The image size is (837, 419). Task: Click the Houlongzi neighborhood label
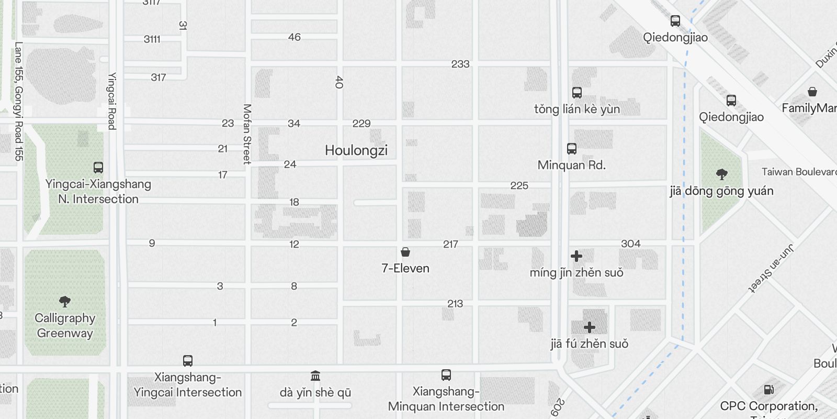[x=356, y=150]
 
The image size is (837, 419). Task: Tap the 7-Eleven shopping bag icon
[x=405, y=252]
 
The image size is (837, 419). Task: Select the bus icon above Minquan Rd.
[x=572, y=149]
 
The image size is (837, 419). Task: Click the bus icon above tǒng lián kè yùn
[x=577, y=93]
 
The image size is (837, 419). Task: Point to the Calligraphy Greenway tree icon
[x=65, y=301]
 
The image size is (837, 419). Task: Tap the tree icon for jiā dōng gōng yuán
[x=721, y=174]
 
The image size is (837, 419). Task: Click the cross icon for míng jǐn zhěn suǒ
[x=576, y=256]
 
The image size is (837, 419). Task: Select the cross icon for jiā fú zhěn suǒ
[x=590, y=327]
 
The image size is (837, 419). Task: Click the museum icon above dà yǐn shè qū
[x=315, y=376]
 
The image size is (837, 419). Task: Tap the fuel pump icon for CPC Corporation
[x=768, y=390]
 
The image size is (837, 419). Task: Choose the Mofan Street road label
[x=247, y=134]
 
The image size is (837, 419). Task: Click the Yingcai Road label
[x=112, y=101]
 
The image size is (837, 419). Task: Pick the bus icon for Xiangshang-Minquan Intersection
[x=446, y=375]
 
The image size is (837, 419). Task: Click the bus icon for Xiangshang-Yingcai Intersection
[x=188, y=361]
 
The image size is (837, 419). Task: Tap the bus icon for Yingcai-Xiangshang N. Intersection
[x=98, y=168]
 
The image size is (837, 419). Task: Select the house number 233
[x=460, y=64]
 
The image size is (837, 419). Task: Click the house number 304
[x=631, y=244]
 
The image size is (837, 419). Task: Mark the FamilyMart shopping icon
[x=812, y=92]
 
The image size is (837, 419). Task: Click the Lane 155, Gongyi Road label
[x=18, y=102]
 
